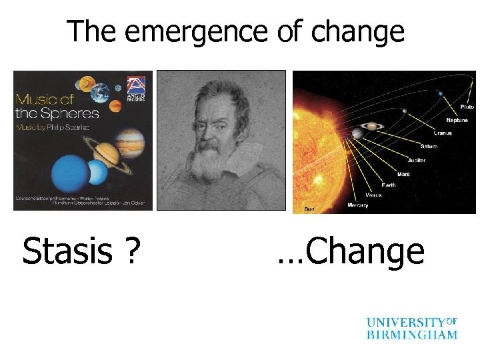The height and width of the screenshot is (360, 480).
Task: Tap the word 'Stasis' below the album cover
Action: [67, 252]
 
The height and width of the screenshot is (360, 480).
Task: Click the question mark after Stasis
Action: [133, 252]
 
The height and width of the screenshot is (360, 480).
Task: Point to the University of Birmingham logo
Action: [411, 328]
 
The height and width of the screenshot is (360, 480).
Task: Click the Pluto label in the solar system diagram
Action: [466, 107]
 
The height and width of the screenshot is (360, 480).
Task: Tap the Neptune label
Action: [457, 121]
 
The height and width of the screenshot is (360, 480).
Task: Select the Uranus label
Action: [444, 133]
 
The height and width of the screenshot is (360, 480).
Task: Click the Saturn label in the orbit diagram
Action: [429, 147]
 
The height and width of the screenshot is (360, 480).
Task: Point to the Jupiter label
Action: [416, 161]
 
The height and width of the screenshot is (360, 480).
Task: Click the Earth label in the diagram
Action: [389, 185]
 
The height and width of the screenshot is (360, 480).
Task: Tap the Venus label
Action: [374, 195]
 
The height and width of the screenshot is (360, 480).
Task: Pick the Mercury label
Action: [358, 205]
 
